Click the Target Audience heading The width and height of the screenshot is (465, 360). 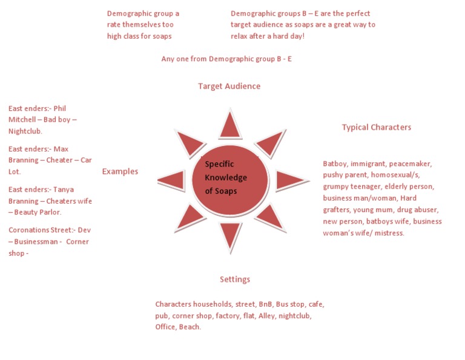point(229,86)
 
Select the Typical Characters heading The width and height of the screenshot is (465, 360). point(376,127)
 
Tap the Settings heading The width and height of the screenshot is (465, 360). point(235,279)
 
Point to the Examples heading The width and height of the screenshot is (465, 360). point(120,172)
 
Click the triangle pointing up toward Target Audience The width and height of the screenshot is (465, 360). point(230,125)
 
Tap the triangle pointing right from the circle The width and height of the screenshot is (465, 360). point(289,179)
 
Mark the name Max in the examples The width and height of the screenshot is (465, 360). point(61,149)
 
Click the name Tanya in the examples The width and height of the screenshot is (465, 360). point(63,190)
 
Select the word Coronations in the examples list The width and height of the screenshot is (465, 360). point(29,230)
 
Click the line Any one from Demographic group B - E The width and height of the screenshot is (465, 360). point(226,59)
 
